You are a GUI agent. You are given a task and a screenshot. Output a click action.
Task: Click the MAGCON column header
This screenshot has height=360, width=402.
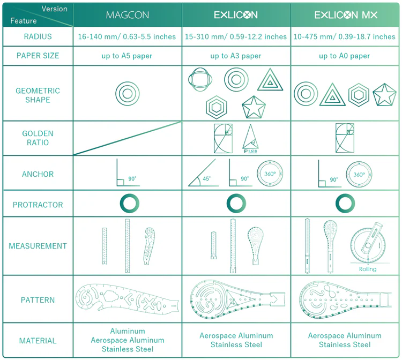pos(128,15)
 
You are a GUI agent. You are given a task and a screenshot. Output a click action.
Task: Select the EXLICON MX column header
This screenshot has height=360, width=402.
pos(345,15)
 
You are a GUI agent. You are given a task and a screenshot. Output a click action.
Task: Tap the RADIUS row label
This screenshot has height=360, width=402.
pos(38,37)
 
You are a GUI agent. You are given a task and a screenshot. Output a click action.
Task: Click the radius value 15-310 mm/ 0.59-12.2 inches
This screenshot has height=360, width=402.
pos(236,37)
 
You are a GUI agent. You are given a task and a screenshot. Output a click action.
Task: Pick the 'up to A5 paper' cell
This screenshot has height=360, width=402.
pos(128,56)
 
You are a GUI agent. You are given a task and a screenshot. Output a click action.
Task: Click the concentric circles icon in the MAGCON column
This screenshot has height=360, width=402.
pos(128,94)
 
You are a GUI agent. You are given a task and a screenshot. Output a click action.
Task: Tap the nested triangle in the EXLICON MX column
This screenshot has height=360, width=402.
pos(332,95)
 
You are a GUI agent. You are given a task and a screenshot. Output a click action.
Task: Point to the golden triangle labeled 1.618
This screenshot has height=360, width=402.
pos(250,138)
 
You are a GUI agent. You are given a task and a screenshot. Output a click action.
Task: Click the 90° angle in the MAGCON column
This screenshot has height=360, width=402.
pos(127,174)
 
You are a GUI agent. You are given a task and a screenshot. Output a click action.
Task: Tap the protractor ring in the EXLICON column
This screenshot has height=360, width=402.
pos(236,204)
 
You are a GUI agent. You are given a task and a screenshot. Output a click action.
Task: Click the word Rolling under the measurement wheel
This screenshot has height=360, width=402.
pos(368,269)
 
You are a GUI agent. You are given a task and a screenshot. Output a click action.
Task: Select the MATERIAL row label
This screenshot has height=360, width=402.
pos(38,341)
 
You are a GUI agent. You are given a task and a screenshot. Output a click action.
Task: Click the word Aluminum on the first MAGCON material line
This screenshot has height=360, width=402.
pos(128,331)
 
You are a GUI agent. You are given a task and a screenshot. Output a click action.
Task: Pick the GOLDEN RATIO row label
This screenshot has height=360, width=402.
pos(38,138)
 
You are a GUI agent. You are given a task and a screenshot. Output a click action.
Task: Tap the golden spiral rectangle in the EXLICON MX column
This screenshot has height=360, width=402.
pos(344,138)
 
